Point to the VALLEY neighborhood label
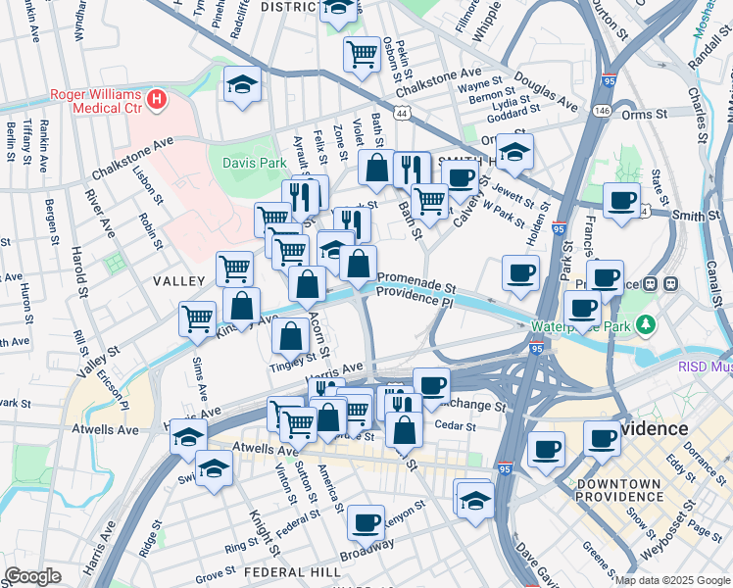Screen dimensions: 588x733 176,281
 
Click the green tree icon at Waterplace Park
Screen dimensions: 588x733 646,325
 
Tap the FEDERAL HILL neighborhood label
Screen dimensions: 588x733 285,571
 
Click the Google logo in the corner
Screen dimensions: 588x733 33,576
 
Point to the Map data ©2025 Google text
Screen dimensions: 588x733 671,580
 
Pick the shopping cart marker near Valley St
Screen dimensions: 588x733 197,318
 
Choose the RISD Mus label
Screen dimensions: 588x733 706,366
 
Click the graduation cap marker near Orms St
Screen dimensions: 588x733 513,151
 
